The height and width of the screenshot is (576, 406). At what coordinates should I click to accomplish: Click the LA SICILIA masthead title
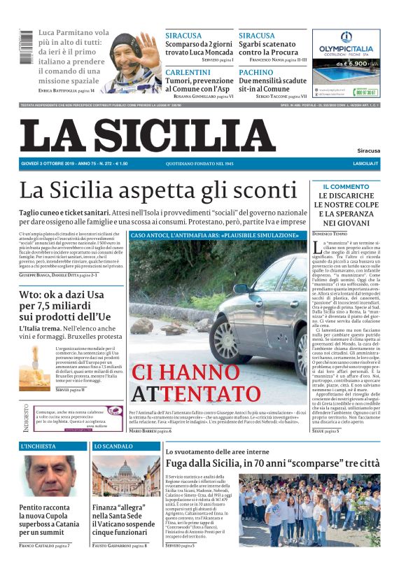pos(147,135)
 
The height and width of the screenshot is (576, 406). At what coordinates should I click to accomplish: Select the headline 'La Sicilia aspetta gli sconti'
pos(158,190)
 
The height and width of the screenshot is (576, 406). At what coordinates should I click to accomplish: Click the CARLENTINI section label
pos(188,73)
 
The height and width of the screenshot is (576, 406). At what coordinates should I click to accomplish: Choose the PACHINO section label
pos(255,73)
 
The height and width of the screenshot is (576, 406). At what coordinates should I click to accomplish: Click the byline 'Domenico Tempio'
pos(332,232)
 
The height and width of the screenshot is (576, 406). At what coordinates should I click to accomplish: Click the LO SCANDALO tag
pos(113,446)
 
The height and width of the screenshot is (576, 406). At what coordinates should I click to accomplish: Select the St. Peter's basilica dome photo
pos(126,476)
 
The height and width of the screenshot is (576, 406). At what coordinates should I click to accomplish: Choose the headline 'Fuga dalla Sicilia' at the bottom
pos(276,463)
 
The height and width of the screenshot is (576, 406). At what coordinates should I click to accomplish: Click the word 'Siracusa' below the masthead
pos(368,150)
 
